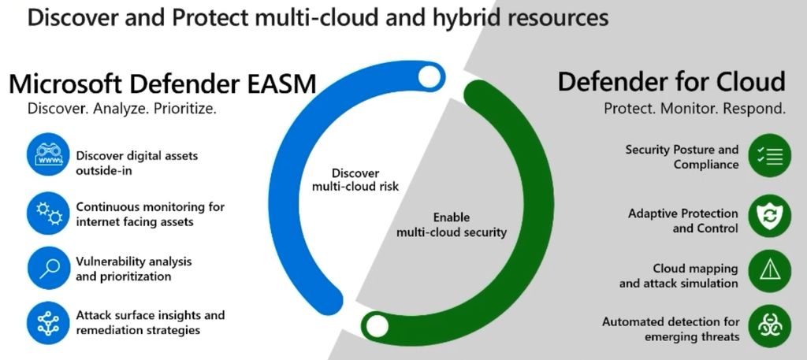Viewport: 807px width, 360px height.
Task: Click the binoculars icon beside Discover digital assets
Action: click(48, 154)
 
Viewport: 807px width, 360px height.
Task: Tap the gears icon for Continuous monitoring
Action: click(48, 213)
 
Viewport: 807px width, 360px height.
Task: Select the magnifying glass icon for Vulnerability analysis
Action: click(48, 269)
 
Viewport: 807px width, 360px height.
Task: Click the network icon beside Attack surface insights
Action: click(48, 323)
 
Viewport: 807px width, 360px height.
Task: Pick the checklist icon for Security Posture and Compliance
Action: click(769, 156)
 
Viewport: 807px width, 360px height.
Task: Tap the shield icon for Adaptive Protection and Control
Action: click(769, 216)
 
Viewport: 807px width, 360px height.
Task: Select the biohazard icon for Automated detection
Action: click(769, 325)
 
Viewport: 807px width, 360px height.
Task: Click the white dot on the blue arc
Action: click(430, 76)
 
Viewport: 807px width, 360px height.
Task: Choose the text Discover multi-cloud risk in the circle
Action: click(355, 180)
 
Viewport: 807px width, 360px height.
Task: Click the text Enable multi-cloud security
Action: click(452, 225)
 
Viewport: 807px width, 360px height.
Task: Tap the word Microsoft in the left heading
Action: click(73, 84)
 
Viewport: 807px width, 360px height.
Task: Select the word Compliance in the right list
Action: click(706, 165)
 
